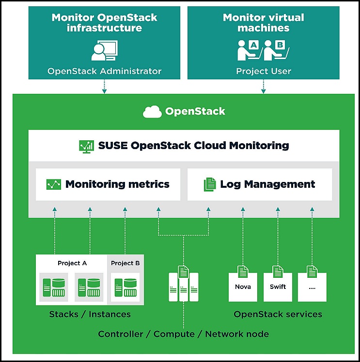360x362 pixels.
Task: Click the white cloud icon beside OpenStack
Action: point(152,112)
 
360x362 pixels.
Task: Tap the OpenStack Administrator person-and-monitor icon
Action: point(105,50)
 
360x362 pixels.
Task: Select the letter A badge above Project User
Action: point(254,45)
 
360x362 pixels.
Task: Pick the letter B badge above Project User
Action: point(280,45)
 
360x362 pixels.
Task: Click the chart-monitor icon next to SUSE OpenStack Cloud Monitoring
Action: point(86,147)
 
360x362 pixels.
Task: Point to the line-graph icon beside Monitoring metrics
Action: point(54,184)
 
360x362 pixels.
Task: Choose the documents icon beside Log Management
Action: point(210,184)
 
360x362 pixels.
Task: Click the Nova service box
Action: point(243,287)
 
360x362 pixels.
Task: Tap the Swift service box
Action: point(278,287)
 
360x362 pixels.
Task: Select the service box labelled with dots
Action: point(312,287)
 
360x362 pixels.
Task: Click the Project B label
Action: point(125,263)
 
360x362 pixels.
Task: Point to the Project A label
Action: point(72,263)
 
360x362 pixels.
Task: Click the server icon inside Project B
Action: point(125,287)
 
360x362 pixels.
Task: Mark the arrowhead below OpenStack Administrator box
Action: point(105,91)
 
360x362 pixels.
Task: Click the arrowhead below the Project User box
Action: point(264,91)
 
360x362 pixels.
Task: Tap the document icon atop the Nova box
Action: point(243,271)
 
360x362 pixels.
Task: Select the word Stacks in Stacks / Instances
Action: point(64,315)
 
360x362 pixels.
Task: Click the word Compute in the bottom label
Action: point(174,334)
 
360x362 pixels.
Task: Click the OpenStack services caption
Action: point(278,315)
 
